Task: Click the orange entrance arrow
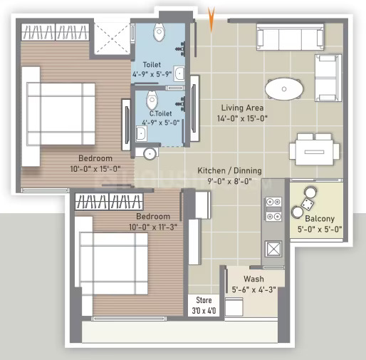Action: click(211, 19)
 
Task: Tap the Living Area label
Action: click(242, 108)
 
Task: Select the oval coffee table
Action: click(284, 89)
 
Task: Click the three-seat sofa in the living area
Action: click(291, 37)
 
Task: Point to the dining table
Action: click(314, 152)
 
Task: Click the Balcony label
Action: click(320, 218)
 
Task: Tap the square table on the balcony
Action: click(308, 204)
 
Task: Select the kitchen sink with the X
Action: click(273, 249)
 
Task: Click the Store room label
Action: click(204, 300)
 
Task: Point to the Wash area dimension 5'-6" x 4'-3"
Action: click(253, 289)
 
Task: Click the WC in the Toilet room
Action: click(159, 32)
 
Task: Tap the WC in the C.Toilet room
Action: click(152, 100)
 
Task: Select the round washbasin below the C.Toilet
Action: click(150, 154)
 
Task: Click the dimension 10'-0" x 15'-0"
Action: click(95, 169)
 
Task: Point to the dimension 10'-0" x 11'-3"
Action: click(153, 227)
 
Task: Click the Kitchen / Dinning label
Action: click(229, 170)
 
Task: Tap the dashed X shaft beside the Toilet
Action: click(113, 38)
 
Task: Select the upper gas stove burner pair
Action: click(273, 202)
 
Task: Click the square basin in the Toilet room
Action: click(179, 73)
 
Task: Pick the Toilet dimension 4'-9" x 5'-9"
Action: click(152, 74)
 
